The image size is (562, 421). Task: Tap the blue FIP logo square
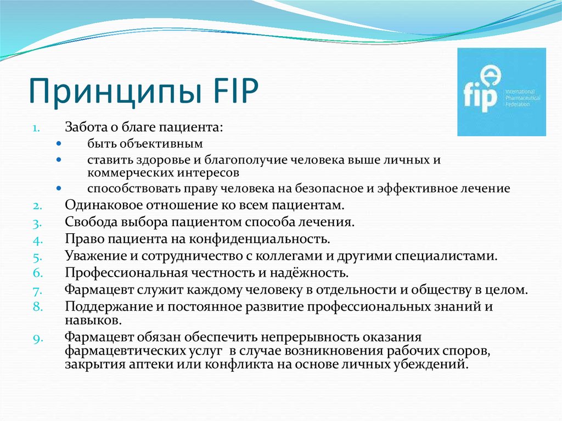501,92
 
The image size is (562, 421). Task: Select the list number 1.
35,127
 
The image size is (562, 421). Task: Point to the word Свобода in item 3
88,222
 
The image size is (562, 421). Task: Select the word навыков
89,319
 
